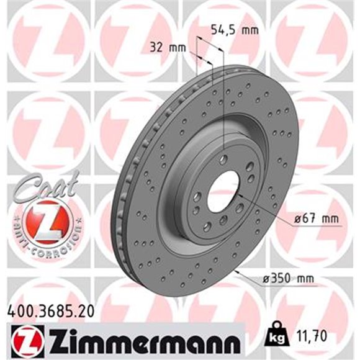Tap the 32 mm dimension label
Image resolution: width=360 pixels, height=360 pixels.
pyautogui.click(x=168, y=47)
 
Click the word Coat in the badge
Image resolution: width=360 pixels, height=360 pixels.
pyautogui.click(x=48, y=186)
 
